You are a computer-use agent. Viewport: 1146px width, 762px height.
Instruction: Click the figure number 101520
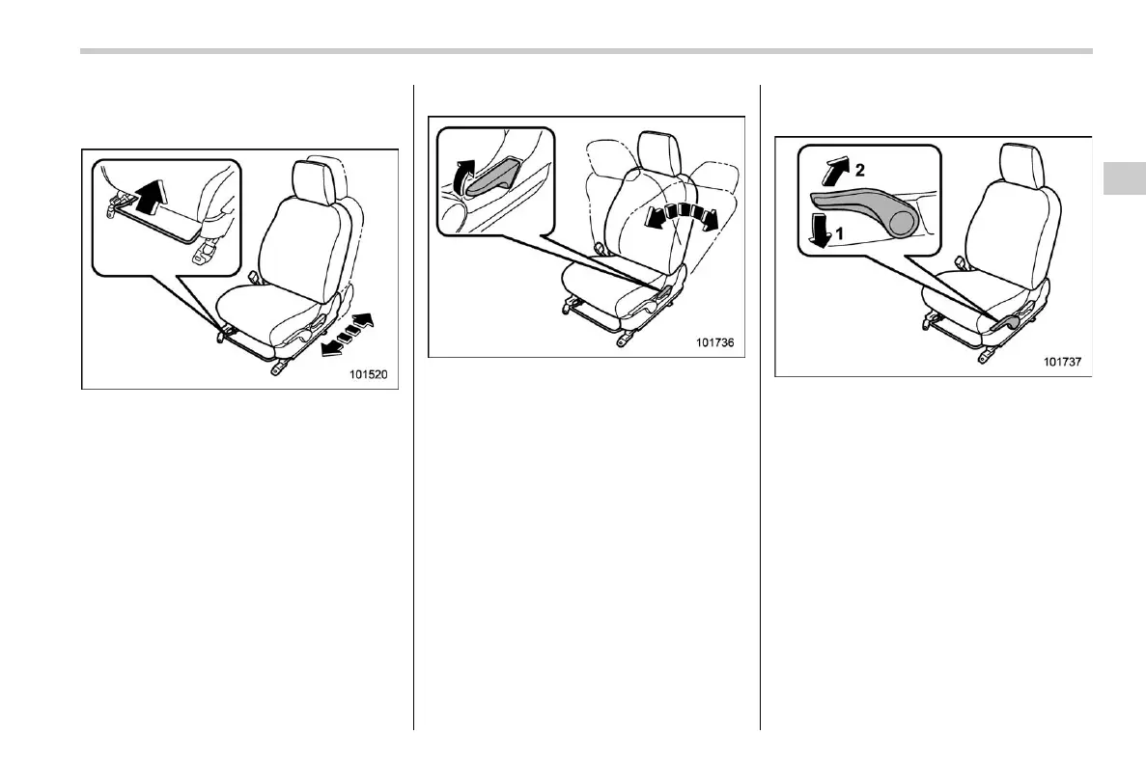(369, 375)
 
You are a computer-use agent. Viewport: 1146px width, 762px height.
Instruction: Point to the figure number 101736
(716, 342)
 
